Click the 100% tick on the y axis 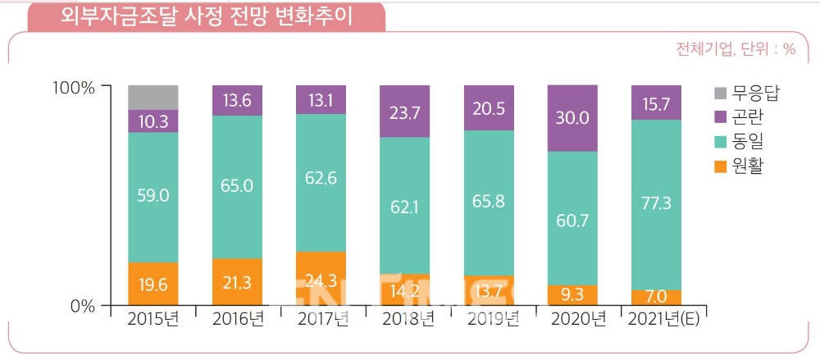click(x=74, y=87)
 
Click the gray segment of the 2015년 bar click(x=153, y=97)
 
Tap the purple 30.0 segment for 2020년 click(x=572, y=118)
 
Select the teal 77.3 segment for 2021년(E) click(x=656, y=204)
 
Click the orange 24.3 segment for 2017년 click(x=321, y=278)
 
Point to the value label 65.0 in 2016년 click(x=238, y=186)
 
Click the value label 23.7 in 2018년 click(x=405, y=111)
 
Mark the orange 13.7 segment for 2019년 click(x=489, y=290)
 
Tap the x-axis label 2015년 click(x=153, y=320)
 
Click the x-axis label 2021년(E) click(x=661, y=320)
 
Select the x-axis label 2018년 click(x=405, y=320)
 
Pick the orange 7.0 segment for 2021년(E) click(x=656, y=297)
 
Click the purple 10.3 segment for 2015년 click(x=153, y=121)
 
